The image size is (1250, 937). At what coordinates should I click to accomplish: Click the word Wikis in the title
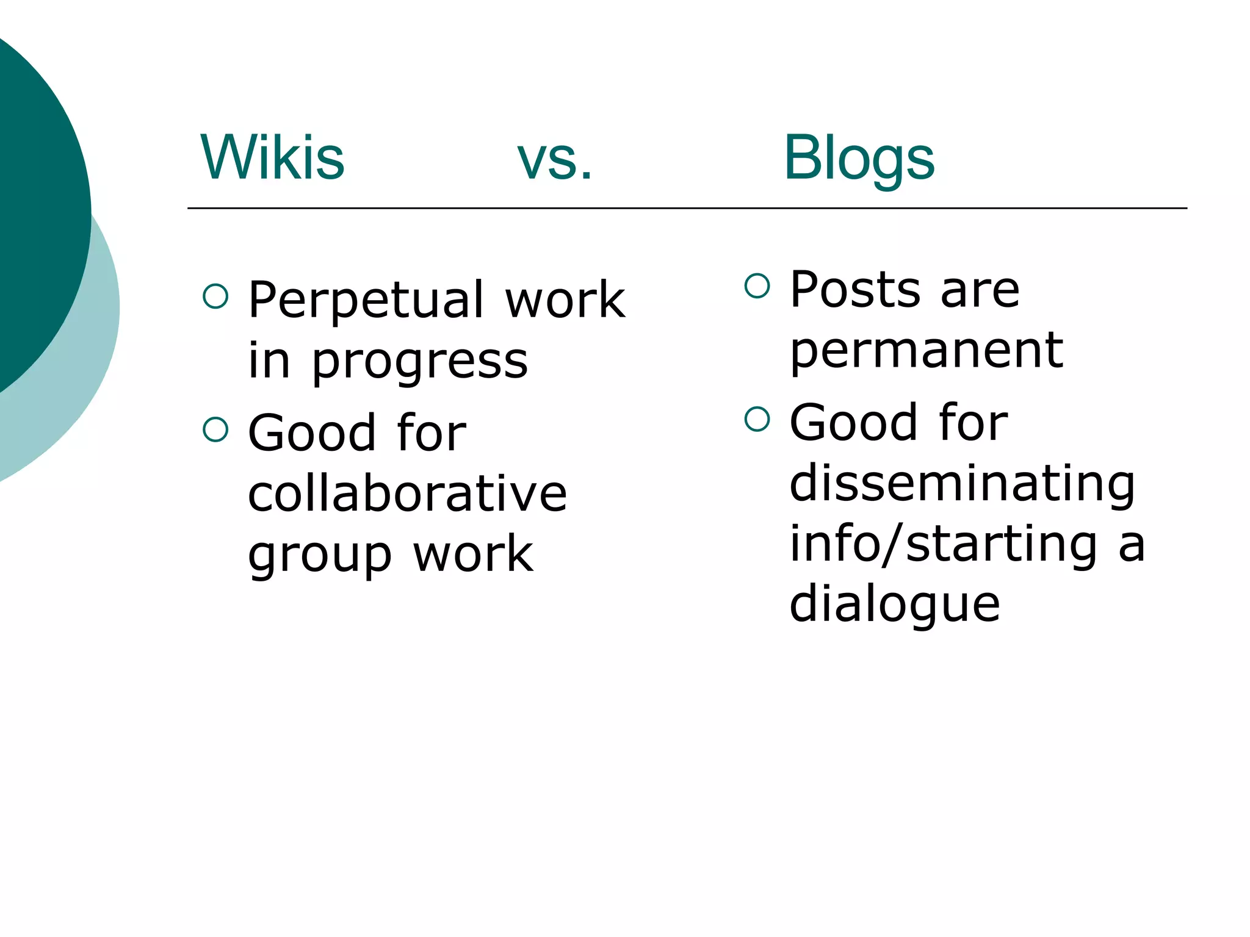(x=272, y=158)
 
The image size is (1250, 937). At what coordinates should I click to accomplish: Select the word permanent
(x=926, y=351)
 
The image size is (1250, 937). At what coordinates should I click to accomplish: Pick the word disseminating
(x=962, y=483)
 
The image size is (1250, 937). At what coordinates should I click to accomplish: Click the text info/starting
(x=944, y=544)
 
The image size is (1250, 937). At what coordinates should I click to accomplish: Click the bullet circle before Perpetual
(x=215, y=296)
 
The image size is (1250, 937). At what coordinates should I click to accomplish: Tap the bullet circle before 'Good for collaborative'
(x=215, y=429)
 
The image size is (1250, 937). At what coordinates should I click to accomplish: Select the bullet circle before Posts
(x=757, y=285)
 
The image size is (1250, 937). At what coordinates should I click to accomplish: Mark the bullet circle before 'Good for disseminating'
(x=757, y=419)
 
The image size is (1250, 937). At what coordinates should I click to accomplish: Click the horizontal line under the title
(x=687, y=209)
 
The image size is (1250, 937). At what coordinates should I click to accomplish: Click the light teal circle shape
(x=92, y=366)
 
